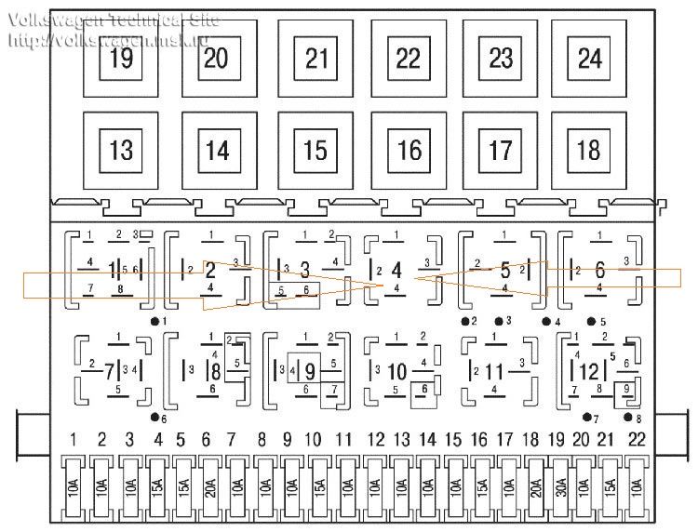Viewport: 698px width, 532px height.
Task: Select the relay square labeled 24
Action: click(590, 59)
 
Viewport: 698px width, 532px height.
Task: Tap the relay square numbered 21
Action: click(316, 59)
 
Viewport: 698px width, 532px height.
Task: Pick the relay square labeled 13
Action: click(120, 150)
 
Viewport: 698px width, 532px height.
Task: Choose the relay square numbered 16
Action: click(409, 150)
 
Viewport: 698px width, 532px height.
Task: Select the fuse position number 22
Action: click(636, 438)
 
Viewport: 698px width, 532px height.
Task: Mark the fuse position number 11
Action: click(344, 438)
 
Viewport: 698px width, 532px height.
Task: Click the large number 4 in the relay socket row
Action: click(396, 270)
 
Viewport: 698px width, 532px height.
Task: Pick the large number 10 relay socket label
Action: click(397, 371)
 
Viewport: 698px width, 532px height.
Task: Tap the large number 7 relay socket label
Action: click(110, 371)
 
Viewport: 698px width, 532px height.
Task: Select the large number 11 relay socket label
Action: click(493, 371)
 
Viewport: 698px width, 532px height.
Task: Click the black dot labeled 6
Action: click(152, 418)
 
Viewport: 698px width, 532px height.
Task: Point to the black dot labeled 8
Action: click(628, 418)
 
